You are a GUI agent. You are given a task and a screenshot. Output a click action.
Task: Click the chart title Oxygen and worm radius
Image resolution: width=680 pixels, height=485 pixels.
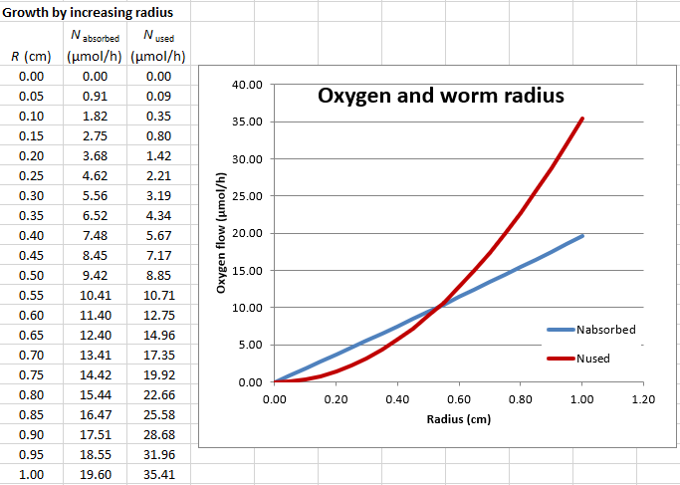(x=441, y=97)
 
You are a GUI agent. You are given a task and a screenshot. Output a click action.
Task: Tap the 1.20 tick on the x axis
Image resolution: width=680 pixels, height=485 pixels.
(x=644, y=399)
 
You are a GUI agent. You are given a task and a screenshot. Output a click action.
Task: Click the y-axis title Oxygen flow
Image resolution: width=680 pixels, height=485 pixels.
(x=222, y=232)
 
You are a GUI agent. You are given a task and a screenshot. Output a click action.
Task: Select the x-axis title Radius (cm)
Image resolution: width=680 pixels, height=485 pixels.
(x=458, y=418)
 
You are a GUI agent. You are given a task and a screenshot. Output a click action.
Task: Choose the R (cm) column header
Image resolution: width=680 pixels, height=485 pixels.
(x=30, y=56)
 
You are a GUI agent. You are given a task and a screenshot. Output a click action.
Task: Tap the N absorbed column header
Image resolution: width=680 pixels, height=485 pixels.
(x=95, y=46)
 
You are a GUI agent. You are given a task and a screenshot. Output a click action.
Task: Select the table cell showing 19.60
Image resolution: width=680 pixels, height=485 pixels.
(x=95, y=474)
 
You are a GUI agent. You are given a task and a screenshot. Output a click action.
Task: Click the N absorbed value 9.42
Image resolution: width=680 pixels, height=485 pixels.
(x=95, y=275)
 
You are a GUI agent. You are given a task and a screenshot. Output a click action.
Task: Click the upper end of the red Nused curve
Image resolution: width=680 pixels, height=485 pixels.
(x=582, y=119)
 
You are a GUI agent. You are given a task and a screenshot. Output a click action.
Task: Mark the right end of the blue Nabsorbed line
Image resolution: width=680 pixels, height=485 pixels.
(x=582, y=236)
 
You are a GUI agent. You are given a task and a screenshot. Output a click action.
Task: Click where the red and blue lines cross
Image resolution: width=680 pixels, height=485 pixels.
(x=441, y=303)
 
